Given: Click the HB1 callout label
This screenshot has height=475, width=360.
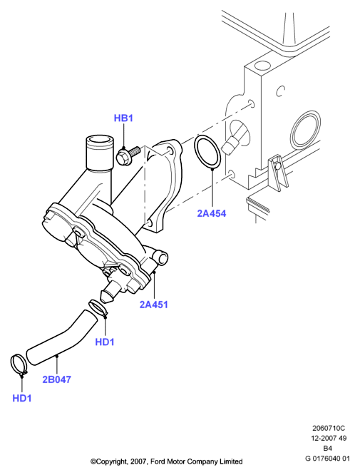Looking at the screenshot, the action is (x=123, y=118).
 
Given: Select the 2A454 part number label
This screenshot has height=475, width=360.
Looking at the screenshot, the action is (x=212, y=213).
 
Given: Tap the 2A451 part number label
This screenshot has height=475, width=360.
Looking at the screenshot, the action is (x=153, y=305).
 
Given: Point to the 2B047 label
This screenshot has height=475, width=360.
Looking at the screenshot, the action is (x=56, y=379).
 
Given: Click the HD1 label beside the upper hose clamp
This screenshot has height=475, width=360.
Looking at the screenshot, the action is (x=105, y=342).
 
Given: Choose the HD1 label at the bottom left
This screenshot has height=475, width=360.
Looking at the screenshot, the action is (x=22, y=399).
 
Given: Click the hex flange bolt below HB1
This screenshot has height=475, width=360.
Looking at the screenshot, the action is (x=127, y=155).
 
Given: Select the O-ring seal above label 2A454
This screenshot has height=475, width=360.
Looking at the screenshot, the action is (x=207, y=151).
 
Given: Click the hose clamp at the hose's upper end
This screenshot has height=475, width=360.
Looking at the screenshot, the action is (x=98, y=307).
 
